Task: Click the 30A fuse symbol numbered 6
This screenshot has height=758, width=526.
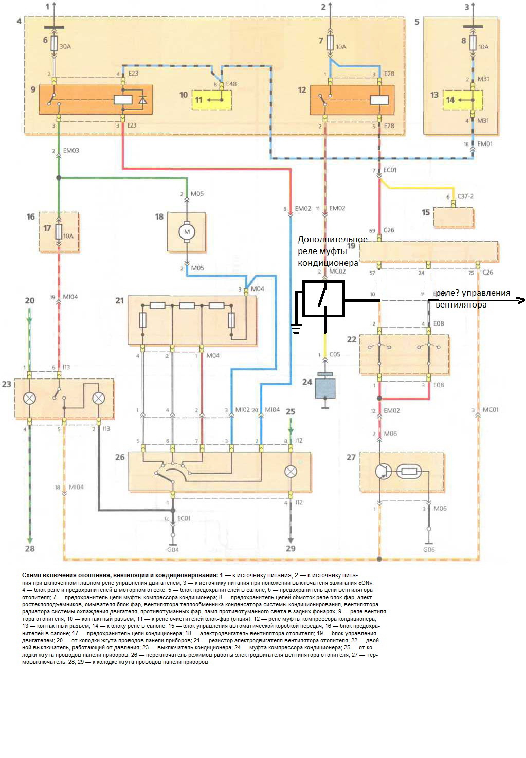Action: [54, 43]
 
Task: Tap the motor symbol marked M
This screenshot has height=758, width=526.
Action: [187, 232]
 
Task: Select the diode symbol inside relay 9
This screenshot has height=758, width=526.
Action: [142, 100]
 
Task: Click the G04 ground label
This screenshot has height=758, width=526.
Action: [173, 550]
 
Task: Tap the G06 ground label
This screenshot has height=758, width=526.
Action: [429, 549]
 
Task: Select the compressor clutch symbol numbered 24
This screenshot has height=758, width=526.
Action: [325, 387]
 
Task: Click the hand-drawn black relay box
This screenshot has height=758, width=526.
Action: [323, 299]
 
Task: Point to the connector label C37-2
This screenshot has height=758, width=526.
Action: [465, 196]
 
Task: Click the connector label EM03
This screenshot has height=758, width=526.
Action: [71, 151]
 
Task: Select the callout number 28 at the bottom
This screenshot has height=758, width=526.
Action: [30, 548]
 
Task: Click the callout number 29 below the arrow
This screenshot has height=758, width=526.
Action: [291, 548]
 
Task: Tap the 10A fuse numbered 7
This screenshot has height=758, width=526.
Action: [329, 43]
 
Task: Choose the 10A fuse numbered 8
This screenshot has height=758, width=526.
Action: [473, 43]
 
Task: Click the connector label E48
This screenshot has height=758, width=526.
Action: [231, 84]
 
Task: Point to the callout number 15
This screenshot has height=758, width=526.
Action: [426, 212]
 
